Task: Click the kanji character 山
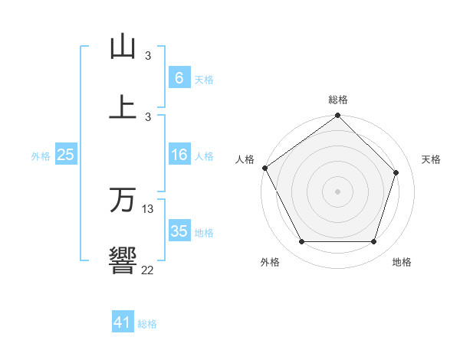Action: pyautogui.click(x=123, y=47)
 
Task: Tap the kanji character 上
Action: pyautogui.click(x=123, y=107)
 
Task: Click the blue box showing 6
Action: pyautogui.click(x=179, y=77)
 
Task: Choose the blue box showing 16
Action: pyautogui.click(x=179, y=155)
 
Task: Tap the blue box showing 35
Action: pyautogui.click(x=179, y=231)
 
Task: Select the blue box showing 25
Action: pyautogui.click(x=66, y=155)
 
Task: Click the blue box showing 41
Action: pyautogui.click(x=123, y=323)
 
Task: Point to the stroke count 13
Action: pyautogui.click(x=148, y=208)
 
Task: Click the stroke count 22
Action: pyautogui.click(x=148, y=269)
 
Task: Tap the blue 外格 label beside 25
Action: pyautogui.click(x=41, y=155)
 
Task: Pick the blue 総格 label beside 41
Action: pyautogui.click(x=147, y=324)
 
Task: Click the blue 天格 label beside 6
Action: pyautogui.click(x=203, y=79)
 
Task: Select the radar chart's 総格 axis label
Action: pyautogui.click(x=338, y=100)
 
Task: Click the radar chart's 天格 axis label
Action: pyautogui.click(x=431, y=159)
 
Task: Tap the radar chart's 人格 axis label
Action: pyautogui.click(x=245, y=159)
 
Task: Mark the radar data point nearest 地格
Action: pyautogui.click(x=373, y=242)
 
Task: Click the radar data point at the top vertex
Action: pyautogui.click(x=337, y=116)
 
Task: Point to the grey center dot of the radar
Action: pyautogui.click(x=337, y=191)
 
